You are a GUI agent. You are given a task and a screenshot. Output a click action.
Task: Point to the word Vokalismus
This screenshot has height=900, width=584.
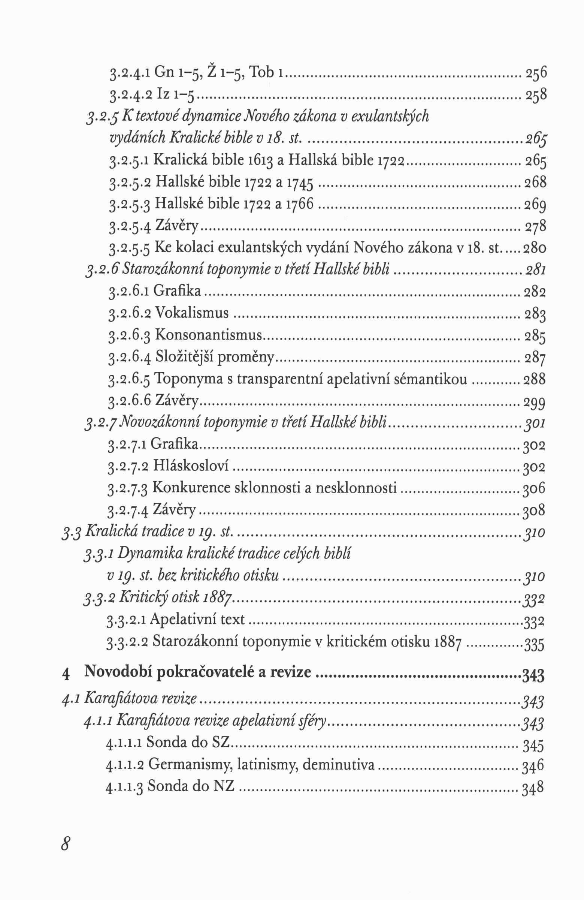coord(192,313)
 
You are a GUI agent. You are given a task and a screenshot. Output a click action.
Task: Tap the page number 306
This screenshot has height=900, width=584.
coord(534,489)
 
